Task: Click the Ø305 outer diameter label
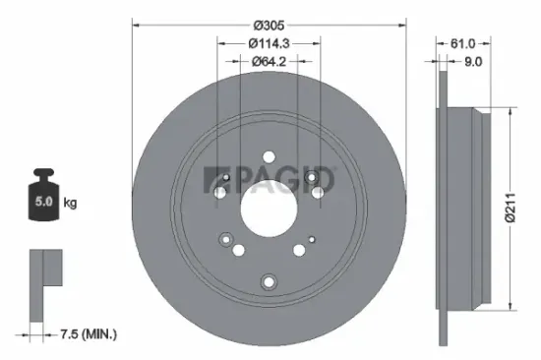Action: (269, 25)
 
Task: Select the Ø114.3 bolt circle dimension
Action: (269, 43)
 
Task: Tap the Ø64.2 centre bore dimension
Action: (269, 61)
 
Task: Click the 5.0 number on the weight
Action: (44, 204)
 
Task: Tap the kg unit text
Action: (71, 204)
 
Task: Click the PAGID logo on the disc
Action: (268, 179)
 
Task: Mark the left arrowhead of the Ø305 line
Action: (135, 25)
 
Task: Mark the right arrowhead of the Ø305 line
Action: (403, 25)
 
